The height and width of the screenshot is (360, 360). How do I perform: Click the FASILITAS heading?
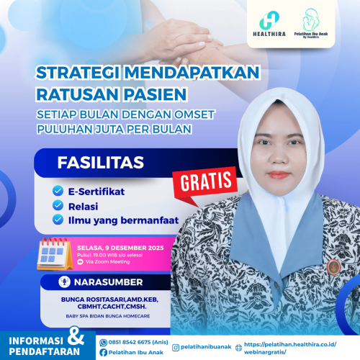(x=91, y=162)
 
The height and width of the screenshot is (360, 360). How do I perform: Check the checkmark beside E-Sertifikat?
(x=58, y=192)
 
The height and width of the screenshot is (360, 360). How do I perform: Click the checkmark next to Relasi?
(x=58, y=205)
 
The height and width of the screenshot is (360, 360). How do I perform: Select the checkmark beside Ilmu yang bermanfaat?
(x=58, y=220)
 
